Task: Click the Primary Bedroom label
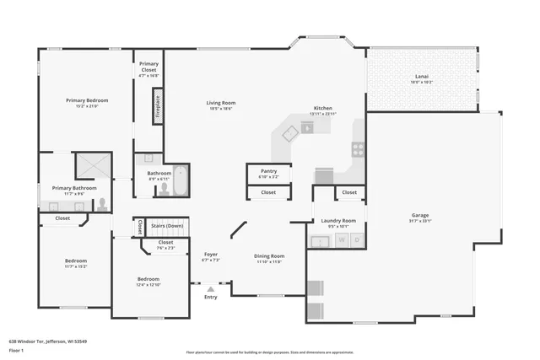click(x=87, y=100)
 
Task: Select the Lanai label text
click(x=421, y=76)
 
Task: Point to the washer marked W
click(x=343, y=241)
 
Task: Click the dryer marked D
click(x=357, y=241)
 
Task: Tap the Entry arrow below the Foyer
click(x=210, y=289)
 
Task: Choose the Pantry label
click(x=268, y=171)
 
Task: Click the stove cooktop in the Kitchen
click(x=358, y=149)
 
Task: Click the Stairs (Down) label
click(x=167, y=226)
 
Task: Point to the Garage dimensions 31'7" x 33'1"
click(x=421, y=221)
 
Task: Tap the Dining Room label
click(x=269, y=255)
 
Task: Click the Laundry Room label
click(x=338, y=221)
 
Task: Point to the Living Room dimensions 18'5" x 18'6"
click(x=220, y=109)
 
